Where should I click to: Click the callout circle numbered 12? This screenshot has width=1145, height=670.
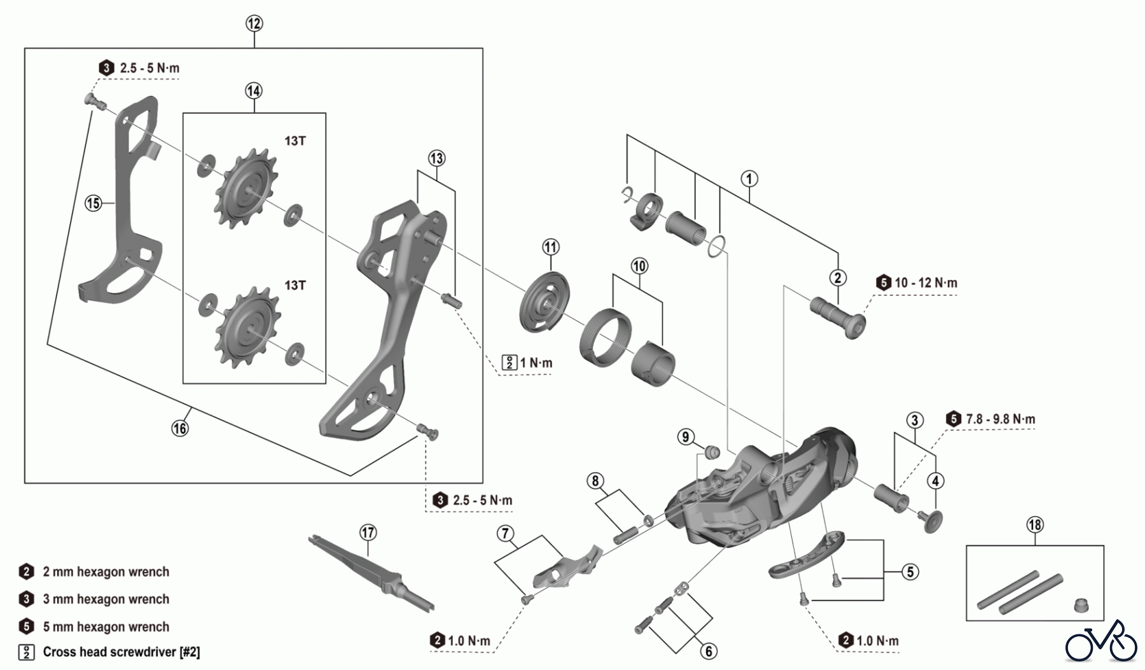coord(254,24)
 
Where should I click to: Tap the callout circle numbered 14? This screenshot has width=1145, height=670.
coord(253,91)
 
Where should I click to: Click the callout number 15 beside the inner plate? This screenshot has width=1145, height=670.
coord(94,203)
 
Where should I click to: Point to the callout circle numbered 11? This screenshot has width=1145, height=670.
coord(550,247)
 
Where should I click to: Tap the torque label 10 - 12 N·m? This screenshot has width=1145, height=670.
coord(926,283)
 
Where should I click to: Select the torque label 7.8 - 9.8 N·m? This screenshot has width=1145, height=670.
coord(1000,419)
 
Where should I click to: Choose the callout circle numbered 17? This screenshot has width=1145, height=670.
coord(368,532)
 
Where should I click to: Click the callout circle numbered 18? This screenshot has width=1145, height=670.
coord(1035,525)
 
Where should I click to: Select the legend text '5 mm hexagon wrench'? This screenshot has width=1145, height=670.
coord(106,627)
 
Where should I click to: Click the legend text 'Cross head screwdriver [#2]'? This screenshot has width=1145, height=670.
coord(121,652)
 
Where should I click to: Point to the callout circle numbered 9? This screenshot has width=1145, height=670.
coord(685,437)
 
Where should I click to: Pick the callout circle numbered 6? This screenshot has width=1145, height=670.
coord(709,651)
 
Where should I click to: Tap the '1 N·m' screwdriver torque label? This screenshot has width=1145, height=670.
coord(536,363)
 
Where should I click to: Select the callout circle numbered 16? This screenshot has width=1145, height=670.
coord(180,428)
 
